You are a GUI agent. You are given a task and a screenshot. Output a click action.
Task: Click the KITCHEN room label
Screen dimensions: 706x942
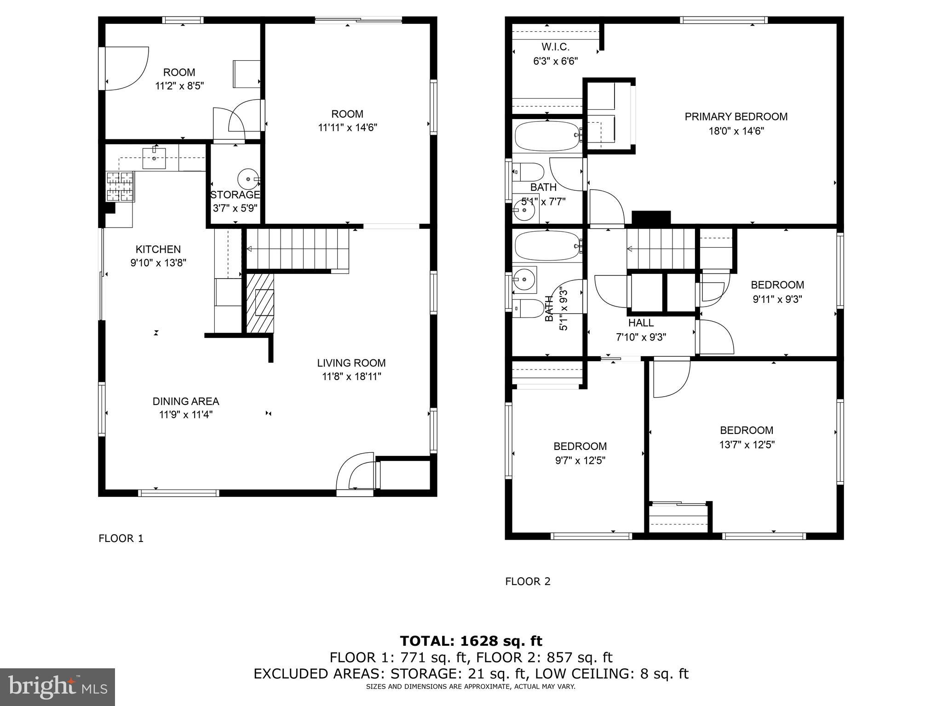[x=158, y=249]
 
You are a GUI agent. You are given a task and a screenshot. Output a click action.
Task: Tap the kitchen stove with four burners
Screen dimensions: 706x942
[x=121, y=186]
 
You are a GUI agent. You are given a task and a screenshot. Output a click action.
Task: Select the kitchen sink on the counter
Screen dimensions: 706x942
[x=154, y=158]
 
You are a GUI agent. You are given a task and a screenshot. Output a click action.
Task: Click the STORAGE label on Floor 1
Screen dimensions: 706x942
[x=235, y=194]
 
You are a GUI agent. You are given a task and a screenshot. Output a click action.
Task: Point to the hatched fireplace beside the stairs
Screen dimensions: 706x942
[x=260, y=303]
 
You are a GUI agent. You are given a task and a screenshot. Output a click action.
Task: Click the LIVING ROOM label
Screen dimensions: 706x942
[x=351, y=363]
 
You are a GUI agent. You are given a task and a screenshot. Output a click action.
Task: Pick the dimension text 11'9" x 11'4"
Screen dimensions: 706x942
[x=185, y=415]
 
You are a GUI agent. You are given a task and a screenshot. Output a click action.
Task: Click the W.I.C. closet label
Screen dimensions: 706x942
[x=555, y=47]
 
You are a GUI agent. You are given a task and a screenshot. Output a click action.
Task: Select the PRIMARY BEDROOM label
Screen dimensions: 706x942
[x=736, y=117]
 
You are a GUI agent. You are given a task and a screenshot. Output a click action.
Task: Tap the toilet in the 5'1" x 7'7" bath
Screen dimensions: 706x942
[x=529, y=172]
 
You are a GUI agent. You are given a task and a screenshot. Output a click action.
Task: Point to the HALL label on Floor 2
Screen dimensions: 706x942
[x=641, y=323]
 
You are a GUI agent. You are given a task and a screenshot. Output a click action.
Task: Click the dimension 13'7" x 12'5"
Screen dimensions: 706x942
[x=747, y=444]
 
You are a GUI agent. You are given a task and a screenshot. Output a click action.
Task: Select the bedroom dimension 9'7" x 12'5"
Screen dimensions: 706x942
[x=580, y=461]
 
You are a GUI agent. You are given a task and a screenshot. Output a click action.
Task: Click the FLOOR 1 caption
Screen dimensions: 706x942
[x=121, y=538]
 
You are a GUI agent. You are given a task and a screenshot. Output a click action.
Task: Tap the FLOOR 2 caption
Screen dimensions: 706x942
[x=528, y=581]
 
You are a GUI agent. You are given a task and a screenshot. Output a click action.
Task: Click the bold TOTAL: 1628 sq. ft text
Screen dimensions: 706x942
[x=471, y=641]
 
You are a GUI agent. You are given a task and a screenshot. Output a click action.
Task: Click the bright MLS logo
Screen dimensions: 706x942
[x=57, y=687]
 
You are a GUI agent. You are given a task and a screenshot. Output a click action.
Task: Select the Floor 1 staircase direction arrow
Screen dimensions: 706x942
[x=250, y=249]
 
